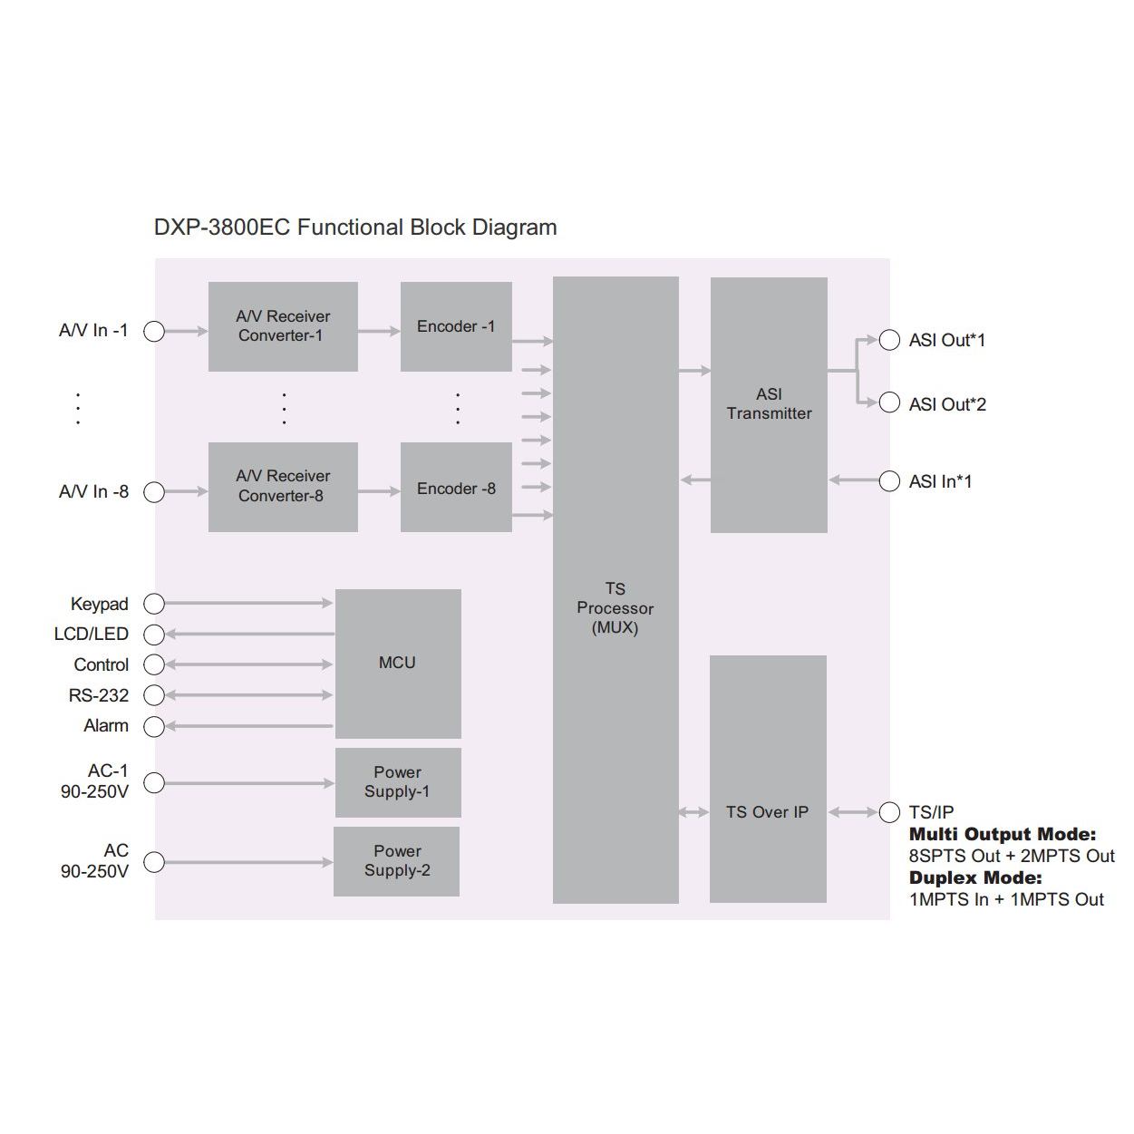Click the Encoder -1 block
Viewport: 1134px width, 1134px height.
(x=456, y=326)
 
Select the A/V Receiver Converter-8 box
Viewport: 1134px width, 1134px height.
(x=283, y=487)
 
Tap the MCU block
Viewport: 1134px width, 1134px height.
(x=398, y=664)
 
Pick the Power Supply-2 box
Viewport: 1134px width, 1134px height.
(x=397, y=861)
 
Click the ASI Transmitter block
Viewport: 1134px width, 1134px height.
(x=769, y=405)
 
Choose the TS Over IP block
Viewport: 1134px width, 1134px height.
(x=768, y=779)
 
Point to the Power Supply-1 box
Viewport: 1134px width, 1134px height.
(x=398, y=782)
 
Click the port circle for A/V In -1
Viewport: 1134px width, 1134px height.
(x=154, y=331)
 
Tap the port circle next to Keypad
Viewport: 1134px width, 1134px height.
(x=154, y=603)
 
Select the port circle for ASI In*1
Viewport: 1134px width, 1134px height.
(x=889, y=480)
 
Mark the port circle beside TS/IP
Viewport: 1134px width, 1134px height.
(x=889, y=812)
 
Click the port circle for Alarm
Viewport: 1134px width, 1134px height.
(x=154, y=726)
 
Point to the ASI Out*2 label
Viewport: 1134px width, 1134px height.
(x=947, y=404)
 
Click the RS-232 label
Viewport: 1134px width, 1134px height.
(x=98, y=695)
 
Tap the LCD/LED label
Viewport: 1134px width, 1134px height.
(x=92, y=634)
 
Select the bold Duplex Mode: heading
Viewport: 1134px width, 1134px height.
(x=975, y=877)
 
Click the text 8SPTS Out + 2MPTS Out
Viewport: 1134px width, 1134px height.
(x=1012, y=856)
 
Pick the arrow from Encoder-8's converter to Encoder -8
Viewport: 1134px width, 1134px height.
(x=379, y=490)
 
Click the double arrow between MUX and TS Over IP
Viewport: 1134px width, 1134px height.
(x=693, y=812)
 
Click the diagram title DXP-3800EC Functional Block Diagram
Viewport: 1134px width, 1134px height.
(x=355, y=228)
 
